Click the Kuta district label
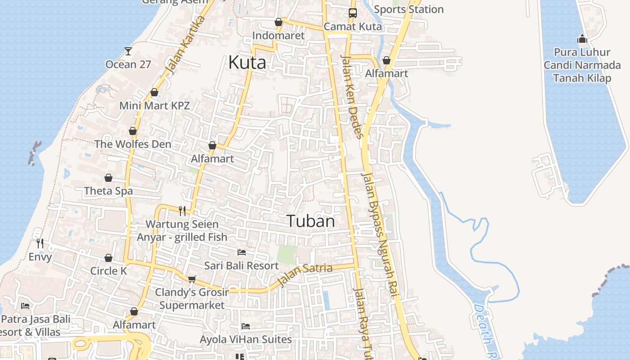click(x=247, y=63)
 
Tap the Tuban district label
click(x=310, y=221)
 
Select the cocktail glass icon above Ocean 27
click(x=128, y=51)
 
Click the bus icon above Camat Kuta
click(x=352, y=13)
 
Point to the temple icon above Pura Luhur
click(x=582, y=39)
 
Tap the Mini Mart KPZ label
click(x=154, y=106)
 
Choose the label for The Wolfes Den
click(x=133, y=144)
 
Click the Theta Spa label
click(x=108, y=191)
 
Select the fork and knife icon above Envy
click(x=40, y=243)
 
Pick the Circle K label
click(x=108, y=271)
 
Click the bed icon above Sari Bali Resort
click(x=242, y=252)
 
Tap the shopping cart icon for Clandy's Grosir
click(x=192, y=279)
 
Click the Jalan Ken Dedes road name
click(x=352, y=97)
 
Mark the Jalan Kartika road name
click(x=185, y=45)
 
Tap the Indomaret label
click(x=279, y=36)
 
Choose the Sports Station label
click(x=409, y=9)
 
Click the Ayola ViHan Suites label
click(x=246, y=339)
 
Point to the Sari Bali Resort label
click(x=242, y=265)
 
